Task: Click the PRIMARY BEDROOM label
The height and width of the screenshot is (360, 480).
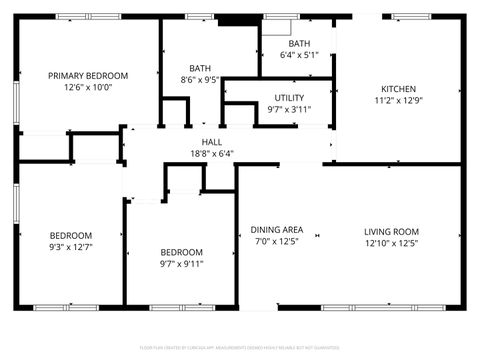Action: point(89,75)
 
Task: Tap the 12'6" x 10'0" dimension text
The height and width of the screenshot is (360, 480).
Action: point(89,87)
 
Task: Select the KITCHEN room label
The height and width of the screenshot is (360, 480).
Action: point(399,88)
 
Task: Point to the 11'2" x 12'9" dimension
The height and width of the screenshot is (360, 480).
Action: point(399,100)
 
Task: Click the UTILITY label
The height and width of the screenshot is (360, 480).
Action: point(290,97)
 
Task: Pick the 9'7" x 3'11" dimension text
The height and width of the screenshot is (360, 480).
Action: point(290,109)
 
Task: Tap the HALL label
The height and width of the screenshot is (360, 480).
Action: point(212,142)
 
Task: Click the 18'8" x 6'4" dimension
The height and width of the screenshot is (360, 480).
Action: point(212,154)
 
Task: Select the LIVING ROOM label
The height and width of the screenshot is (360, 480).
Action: point(391,231)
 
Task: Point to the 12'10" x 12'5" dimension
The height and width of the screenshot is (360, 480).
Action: point(391,243)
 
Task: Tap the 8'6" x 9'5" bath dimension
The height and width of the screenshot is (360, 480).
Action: point(200,79)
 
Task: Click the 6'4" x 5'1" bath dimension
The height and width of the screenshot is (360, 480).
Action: point(299,55)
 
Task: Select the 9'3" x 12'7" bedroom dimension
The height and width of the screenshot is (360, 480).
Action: point(70,247)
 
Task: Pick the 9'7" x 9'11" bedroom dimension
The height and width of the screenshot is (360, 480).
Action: point(181,264)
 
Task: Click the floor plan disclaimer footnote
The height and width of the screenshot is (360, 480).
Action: point(240,349)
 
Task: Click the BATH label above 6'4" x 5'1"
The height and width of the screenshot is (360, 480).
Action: point(299,43)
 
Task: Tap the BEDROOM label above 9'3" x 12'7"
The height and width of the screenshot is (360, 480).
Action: point(70,235)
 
